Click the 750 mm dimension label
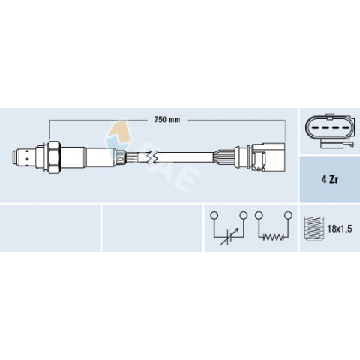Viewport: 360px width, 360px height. (167, 120)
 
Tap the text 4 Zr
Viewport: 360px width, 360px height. (330, 180)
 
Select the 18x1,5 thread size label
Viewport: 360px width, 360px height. (340, 229)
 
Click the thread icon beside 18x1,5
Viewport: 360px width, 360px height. (314, 229)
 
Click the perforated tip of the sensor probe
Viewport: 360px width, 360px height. (24, 157)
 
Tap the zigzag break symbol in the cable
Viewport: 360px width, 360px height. (152, 157)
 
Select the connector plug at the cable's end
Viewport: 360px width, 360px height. (268, 157)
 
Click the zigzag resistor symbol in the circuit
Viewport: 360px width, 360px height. (273, 237)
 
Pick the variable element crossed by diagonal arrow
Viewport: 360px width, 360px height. (229, 237)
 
